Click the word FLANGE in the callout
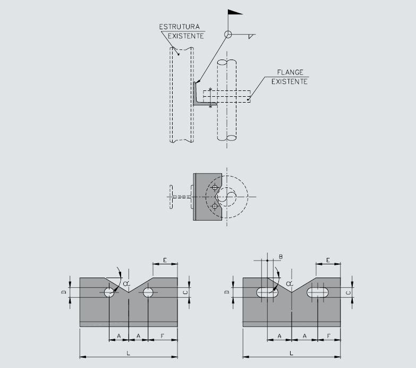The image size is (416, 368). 290,72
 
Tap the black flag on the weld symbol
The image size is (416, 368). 234,12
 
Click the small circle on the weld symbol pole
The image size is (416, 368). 228,35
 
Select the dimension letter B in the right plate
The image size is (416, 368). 281,257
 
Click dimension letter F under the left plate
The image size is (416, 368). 163,336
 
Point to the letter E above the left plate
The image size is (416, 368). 165,260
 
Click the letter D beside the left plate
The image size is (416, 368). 63,292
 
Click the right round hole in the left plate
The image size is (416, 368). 147,292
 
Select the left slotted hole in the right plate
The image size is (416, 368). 267,292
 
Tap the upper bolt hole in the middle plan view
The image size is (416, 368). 214,188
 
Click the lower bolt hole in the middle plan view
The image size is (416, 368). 214,206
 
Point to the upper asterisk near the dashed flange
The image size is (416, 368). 211,89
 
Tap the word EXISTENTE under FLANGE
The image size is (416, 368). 290,81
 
